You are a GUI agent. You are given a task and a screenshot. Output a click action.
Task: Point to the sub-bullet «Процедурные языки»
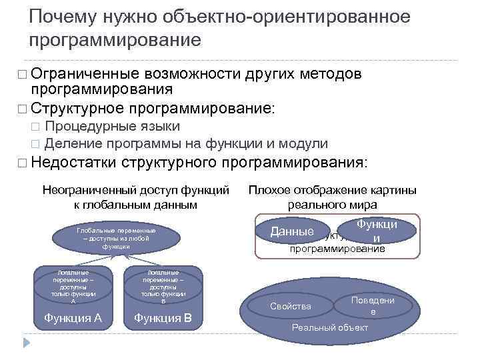117,127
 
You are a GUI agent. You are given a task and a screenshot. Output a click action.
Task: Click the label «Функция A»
73,317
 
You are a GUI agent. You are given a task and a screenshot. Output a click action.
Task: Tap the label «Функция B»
163,317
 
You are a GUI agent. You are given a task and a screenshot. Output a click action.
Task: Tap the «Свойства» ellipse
291,306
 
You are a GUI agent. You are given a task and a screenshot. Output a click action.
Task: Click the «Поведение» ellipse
373,306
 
